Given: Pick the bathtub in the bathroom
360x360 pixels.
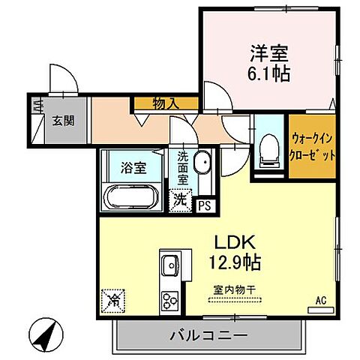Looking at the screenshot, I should [x=131, y=199].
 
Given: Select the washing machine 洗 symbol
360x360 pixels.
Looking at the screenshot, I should [x=181, y=200].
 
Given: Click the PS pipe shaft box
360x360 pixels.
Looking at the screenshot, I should [x=203, y=203].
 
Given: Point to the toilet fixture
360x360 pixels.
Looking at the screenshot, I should [x=266, y=151].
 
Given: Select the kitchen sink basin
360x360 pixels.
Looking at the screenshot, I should [x=169, y=265].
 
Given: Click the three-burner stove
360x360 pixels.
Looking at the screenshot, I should [x=169, y=300].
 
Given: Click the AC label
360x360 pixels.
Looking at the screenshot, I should [x=321, y=301].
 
